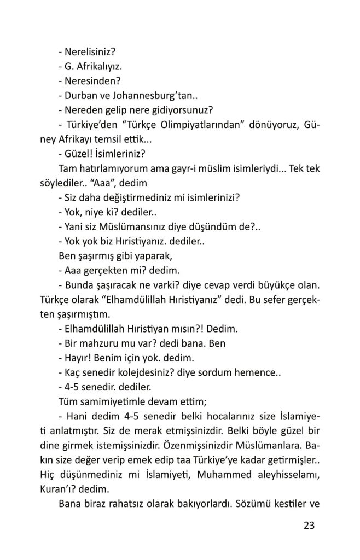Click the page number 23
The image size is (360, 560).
(309, 526)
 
